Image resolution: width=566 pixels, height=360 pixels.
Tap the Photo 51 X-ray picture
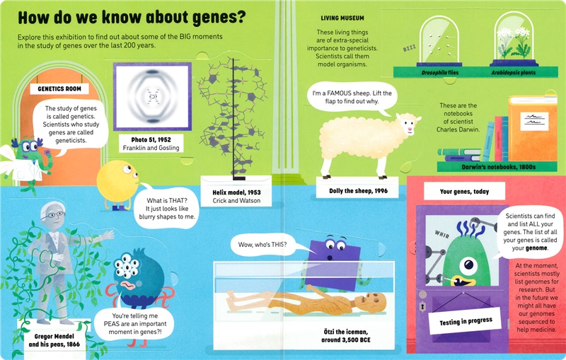[152, 95]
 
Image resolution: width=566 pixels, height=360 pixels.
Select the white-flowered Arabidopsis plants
[513, 45]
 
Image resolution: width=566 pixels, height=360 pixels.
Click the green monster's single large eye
[468, 266]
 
